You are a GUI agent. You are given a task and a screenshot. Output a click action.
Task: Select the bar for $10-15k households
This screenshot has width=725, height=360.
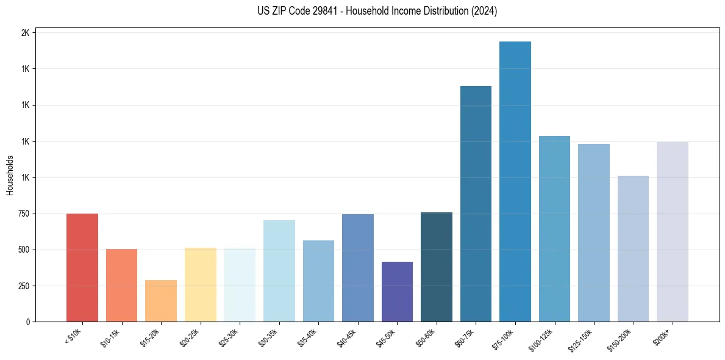(x=121, y=285)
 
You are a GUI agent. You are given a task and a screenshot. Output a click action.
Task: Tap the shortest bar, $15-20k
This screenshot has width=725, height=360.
(x=161, y=301)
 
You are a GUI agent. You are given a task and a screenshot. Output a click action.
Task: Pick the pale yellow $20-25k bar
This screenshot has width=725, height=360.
(x=200, y=284)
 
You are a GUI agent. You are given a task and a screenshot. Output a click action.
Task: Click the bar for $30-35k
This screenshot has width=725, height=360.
(x=279, y=271)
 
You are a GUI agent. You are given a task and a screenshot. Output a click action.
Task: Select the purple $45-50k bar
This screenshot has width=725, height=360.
(x=397, y=292)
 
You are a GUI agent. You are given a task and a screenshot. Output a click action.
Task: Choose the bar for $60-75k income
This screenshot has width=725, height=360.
(x=476, y=204)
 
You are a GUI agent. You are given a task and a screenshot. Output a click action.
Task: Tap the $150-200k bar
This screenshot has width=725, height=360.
(x=633, y=248)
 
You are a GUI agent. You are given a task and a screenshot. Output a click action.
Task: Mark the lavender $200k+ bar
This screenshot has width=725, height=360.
(x=673, y=232)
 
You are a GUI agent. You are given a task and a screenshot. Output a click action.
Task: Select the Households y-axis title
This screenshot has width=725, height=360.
(x=10, y=175)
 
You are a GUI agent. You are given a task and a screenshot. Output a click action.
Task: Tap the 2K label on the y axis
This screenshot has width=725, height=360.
(x=25, y=32)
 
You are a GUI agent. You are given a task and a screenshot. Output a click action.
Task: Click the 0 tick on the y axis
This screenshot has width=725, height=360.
(x=27, y=322)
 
